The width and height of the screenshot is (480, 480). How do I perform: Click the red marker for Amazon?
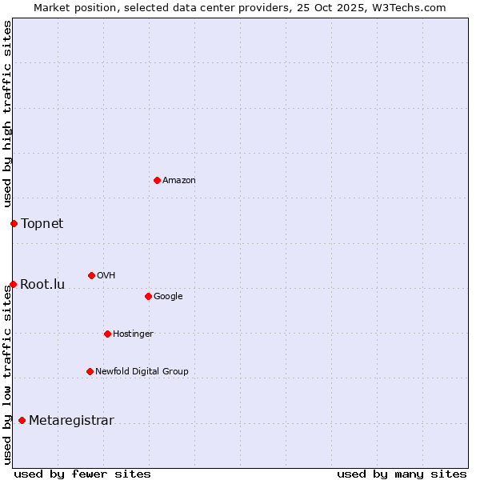tap(157, 180)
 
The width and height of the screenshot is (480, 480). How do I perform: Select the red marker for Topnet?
tap(14, 223)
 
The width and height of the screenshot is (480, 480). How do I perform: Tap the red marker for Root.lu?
tap(13, 284)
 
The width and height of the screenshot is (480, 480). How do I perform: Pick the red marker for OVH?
tap(91, 275)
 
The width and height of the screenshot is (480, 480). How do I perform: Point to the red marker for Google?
tap(148, 296)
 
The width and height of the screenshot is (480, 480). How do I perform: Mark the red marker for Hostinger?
tap(107, 334)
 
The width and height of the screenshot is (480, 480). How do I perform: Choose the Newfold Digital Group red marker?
tap(90, 371)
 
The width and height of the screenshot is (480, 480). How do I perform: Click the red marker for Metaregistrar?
tap(22, 420)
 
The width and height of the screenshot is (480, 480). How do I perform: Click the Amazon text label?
tap(179, 181)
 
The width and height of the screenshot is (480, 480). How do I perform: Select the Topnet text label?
tap(42, 223)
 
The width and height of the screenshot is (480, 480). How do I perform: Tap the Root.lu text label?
tap(42, 284)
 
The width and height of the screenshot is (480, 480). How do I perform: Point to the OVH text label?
tap(106, 276)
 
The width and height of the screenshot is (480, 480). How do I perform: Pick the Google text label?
tap(168, 297)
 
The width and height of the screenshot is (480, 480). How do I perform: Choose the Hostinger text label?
tap(133, 334)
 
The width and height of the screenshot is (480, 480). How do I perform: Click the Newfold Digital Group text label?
tap(142, 371)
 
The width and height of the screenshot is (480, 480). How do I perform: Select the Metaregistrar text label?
tap(71, 421)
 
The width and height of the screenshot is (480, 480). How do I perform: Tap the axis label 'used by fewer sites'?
tap(82, 474)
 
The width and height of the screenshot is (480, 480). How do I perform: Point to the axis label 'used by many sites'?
tap(402, 474)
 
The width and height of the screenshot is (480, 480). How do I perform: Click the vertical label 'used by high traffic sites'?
tap(7, 114)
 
